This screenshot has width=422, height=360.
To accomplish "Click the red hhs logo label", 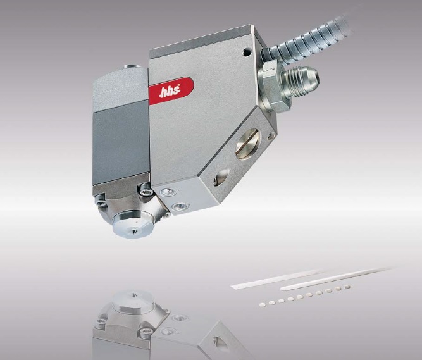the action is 171,91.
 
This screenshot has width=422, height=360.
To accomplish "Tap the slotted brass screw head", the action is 247,144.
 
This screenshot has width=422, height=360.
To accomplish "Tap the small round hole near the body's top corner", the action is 247,52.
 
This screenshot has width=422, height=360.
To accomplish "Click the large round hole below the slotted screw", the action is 221,177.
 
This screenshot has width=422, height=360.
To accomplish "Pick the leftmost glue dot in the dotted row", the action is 263,304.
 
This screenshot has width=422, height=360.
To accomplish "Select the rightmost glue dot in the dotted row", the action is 347,287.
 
